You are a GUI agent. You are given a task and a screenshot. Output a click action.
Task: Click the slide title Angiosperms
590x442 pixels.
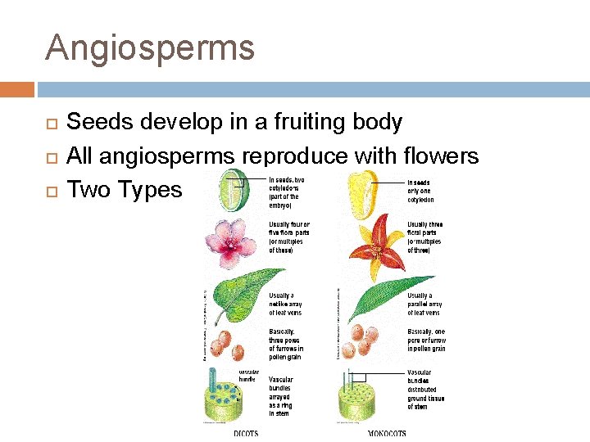[150, 47]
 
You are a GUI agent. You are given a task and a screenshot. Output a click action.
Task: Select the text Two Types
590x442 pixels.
[124, 190]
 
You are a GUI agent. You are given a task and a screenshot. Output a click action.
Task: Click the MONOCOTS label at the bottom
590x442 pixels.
[385, 434]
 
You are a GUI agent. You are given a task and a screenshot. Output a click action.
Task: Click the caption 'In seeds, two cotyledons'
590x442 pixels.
[287, 192]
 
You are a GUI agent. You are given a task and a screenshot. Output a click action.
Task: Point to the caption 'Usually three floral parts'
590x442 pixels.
[425, 237]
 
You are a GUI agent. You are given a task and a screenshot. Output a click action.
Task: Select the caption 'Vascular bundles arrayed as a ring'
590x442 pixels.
[281, 397]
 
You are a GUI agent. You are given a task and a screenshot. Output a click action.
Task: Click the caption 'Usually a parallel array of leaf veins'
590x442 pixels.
[425, 304]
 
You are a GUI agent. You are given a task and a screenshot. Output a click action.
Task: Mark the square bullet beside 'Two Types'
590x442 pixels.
[50, 191]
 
